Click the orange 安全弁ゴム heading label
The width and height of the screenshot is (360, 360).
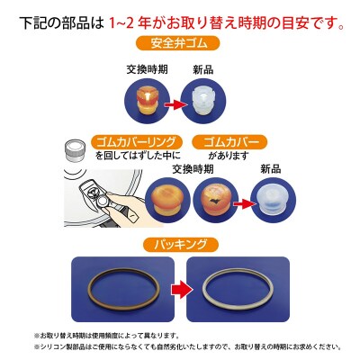[180, 43]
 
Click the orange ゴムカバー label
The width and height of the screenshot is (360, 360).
[227, 142]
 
